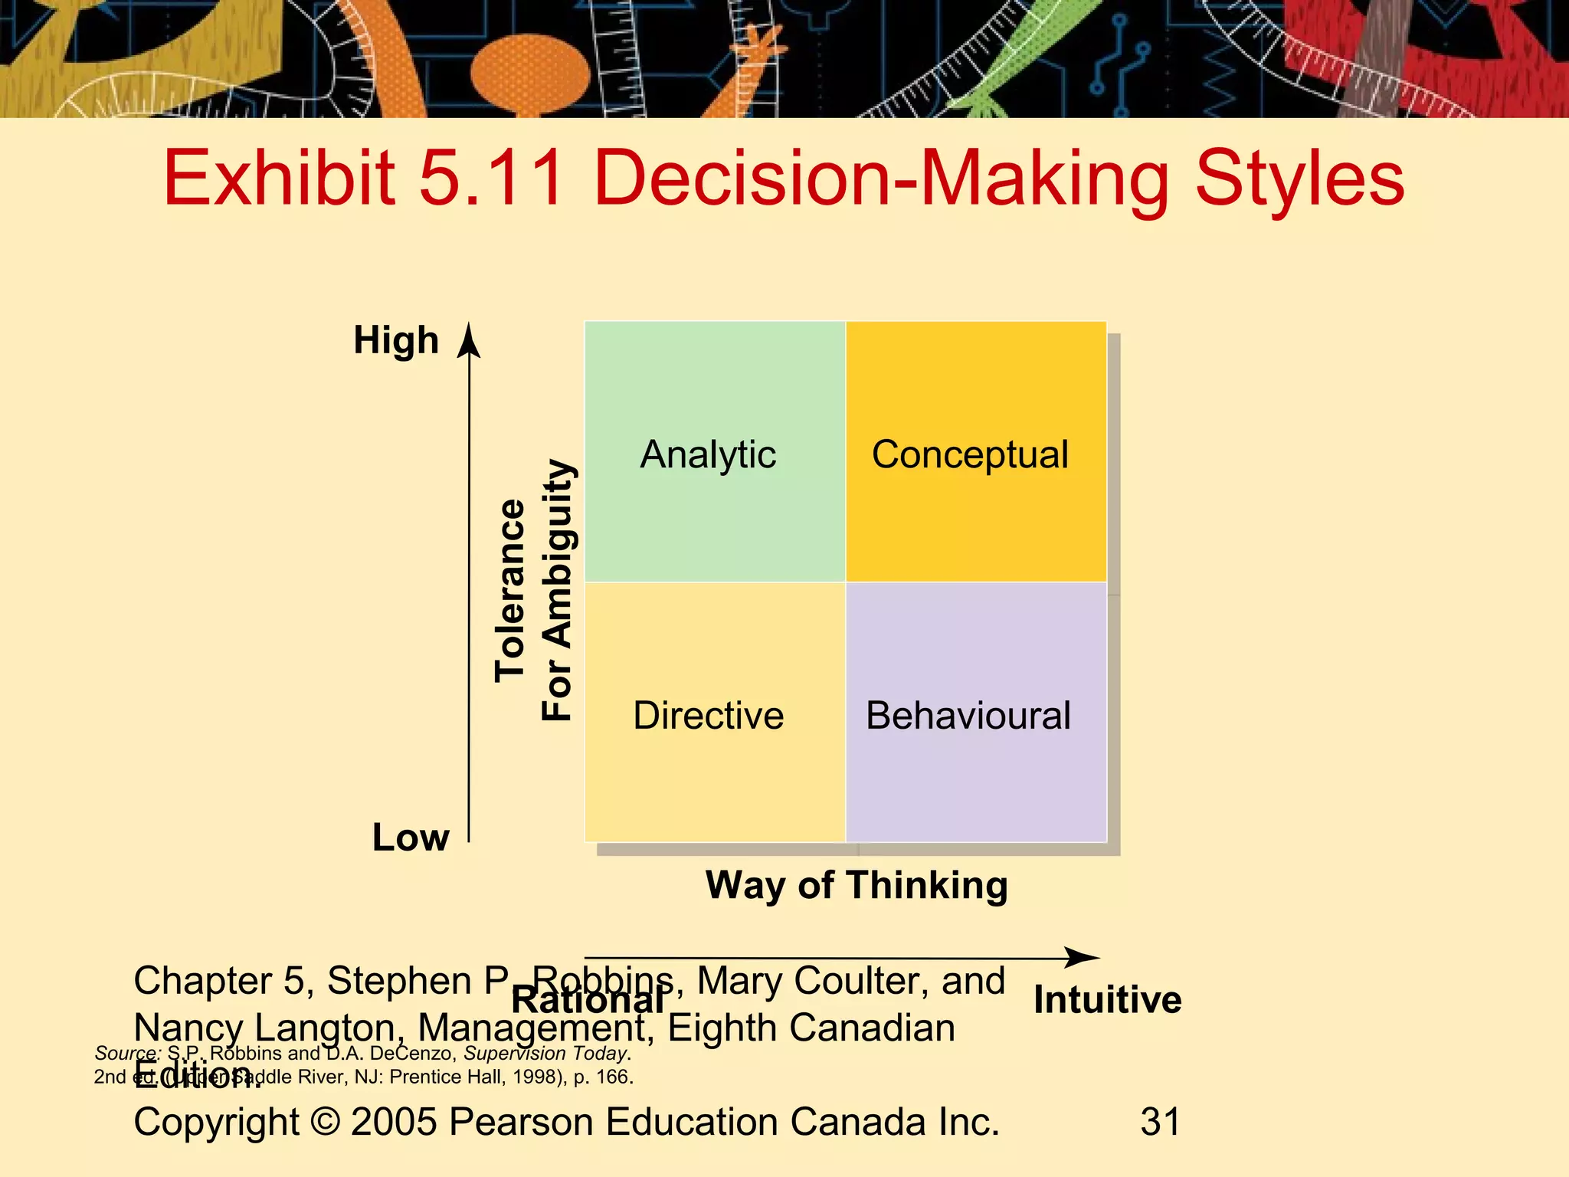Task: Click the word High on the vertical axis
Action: click(396, 340)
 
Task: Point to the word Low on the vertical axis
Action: click(411, 837)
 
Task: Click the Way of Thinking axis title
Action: click(857, 885)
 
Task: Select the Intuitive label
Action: click(1107, 1000)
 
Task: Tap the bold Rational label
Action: click(588, 1001)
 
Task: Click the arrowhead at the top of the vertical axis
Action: click(469, 341)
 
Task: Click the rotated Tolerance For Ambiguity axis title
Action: click(534, 590)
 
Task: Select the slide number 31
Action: click(1160, 1122)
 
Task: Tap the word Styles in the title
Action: click(1299, 179)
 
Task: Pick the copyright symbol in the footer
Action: click(326, 1122)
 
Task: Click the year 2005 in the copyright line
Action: click(395, 1122)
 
